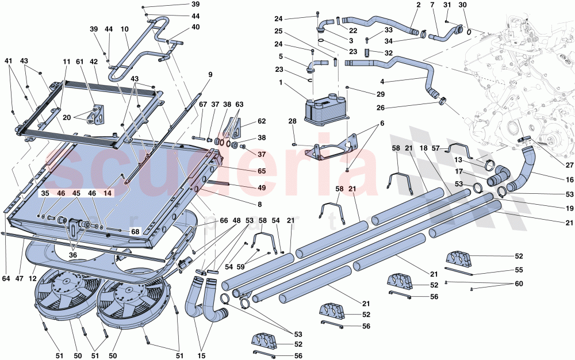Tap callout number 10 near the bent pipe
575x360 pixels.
click(125, 28)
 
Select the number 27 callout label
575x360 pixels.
click(569, 165)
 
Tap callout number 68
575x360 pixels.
click(135, 232)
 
